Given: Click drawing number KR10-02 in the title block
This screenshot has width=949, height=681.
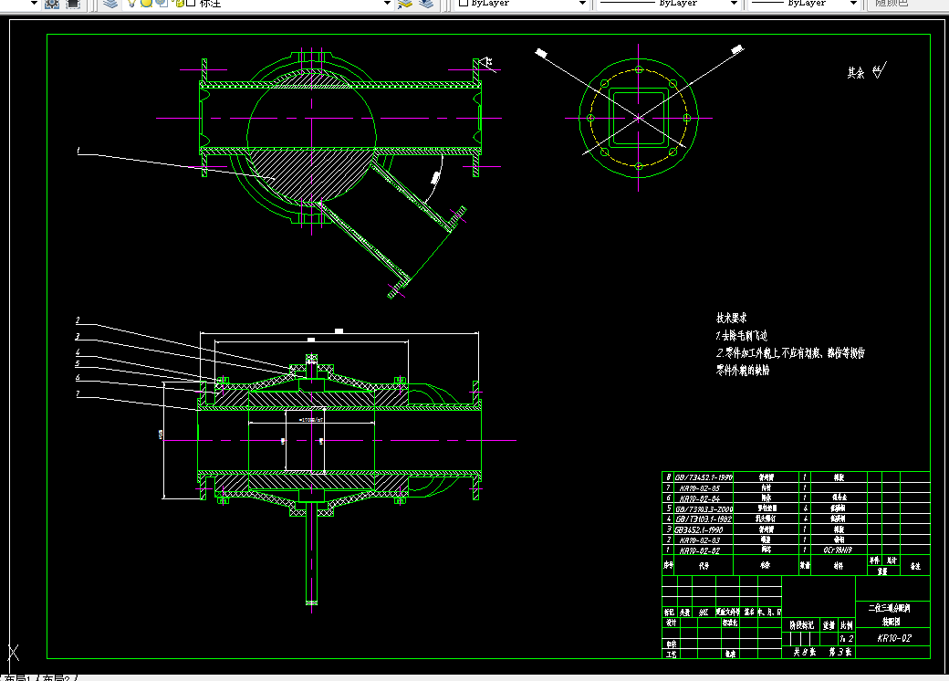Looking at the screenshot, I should pyautogui.click(x=894, y=638).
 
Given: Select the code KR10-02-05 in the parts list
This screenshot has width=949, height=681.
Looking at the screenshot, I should pyautogui.click(x=701, y=488).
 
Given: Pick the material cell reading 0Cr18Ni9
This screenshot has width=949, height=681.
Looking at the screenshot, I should pyautogui.click(x=839, y=550).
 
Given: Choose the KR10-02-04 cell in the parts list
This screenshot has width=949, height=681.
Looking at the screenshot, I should pyautogui.click(x=701, y=498).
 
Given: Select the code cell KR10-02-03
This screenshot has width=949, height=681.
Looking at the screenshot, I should pyautogui.click(x=701, y=540).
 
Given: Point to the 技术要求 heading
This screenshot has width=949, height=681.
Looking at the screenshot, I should pyautogui.click(x=732, y=319).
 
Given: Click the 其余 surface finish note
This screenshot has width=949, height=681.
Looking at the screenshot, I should pyautogui.click(x=855, y=72).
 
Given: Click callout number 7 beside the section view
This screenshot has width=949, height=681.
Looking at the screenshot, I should pyautogui.click(x=78, y=393).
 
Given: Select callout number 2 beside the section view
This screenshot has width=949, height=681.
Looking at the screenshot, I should pyautogui.click(x=78, y=320).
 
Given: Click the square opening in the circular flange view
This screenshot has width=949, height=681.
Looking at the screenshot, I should pyautogui.click(x=639, y=118).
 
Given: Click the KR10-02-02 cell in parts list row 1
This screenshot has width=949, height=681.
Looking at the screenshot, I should pyautogui.click(x=701, y=550).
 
